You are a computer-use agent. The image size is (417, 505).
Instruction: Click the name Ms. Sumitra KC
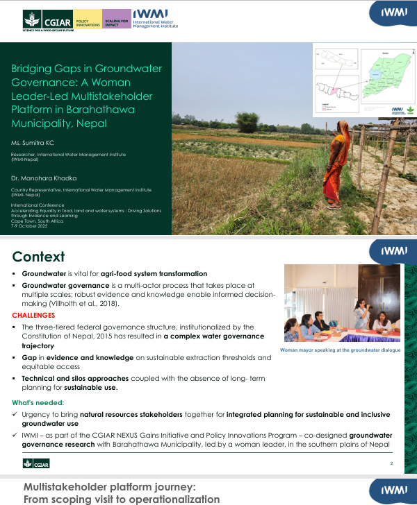tap(32, 142)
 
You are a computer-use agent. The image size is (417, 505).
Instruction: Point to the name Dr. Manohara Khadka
tap(40, 177)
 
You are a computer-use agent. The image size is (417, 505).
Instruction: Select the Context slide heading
tap(38, 257)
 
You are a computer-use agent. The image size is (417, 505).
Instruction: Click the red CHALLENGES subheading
tap(33, 315)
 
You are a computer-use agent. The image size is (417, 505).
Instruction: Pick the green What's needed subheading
tap(38, 402)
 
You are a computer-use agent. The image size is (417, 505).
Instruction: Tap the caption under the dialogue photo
tap(341, 350)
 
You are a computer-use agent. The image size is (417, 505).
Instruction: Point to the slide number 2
tap(391, 463)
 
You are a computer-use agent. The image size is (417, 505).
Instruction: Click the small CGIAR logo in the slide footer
tap(34, 463)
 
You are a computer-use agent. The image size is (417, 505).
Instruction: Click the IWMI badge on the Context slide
tap(393, 250)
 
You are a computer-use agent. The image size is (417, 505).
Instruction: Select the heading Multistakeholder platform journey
tap(110, 487)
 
